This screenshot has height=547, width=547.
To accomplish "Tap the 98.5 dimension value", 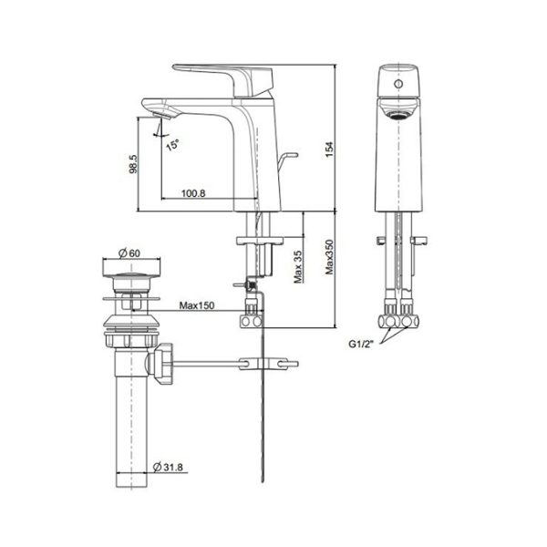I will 133,164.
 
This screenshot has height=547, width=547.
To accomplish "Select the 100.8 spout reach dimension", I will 194,192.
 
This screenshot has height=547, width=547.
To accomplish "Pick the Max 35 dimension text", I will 297,264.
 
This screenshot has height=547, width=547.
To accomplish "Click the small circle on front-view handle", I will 398,85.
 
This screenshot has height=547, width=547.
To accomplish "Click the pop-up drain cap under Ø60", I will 129,271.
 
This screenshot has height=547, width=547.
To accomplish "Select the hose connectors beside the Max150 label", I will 250,321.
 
